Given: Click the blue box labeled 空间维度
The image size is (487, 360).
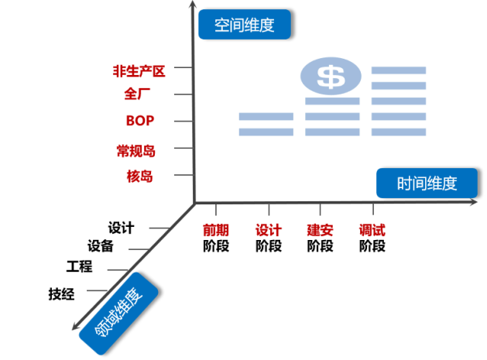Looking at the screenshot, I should (x=244, y=25).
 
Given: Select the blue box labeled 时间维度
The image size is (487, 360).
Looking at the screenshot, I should (x=427, y=183).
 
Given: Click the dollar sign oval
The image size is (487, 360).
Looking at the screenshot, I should (x=331, y=76).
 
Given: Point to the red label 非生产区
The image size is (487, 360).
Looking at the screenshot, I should (x=139, y=71).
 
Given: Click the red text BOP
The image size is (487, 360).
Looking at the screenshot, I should (x=140, y=121).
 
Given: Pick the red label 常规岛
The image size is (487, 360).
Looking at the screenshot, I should (x=135, y=149).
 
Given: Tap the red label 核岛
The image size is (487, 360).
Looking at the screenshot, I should (x=139, y=176).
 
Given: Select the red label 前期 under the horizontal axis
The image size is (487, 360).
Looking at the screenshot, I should (x=216, y=230).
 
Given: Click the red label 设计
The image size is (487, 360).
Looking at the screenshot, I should (x=269, y=230).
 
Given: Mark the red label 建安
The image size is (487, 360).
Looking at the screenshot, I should (x=320, y=230).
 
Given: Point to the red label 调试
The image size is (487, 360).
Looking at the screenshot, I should (x=372, y=230).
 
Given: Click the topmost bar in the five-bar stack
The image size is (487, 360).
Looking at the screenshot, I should (x=399, y=70).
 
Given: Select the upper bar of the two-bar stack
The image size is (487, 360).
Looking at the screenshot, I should (x=266, y=117).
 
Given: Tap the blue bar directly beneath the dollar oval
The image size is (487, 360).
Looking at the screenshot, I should (x=332, y=101).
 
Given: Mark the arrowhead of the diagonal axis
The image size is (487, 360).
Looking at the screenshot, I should (x=75, y=326).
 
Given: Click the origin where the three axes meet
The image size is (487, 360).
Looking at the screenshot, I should (x=194, y=203).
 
